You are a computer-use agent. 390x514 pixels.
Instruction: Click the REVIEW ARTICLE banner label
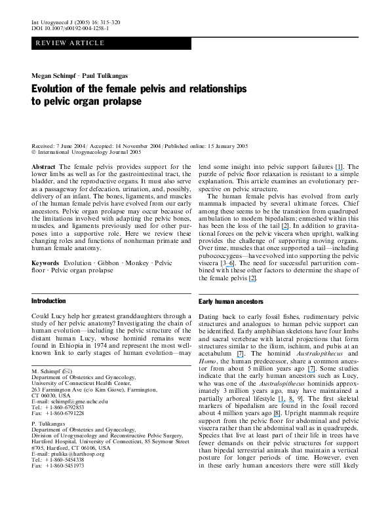click(x=70, y=43)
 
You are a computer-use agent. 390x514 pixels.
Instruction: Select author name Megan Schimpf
click(x=54, y=76)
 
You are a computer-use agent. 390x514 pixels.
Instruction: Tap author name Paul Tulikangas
click(x=105, y=76)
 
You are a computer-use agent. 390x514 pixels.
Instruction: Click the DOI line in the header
click(x=70, y=28)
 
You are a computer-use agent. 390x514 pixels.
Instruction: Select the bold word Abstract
click(x=43, y=166)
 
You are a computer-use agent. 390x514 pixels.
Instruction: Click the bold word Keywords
click(x=45, y=263)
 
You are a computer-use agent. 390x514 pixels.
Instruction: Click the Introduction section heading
click(x=49, y=301)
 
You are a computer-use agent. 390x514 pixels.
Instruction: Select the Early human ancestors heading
click(x=231, y=302)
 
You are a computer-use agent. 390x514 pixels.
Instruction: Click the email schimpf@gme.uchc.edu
click(x=79, y=401)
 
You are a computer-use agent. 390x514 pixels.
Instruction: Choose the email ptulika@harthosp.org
click(x=77, y=454)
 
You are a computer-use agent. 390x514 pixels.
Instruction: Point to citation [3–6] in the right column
click(x=227, y=263)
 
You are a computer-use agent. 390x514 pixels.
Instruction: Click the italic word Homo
click(x=207, y=361)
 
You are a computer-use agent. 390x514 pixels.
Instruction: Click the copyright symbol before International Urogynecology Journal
click(x=33, y=152)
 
